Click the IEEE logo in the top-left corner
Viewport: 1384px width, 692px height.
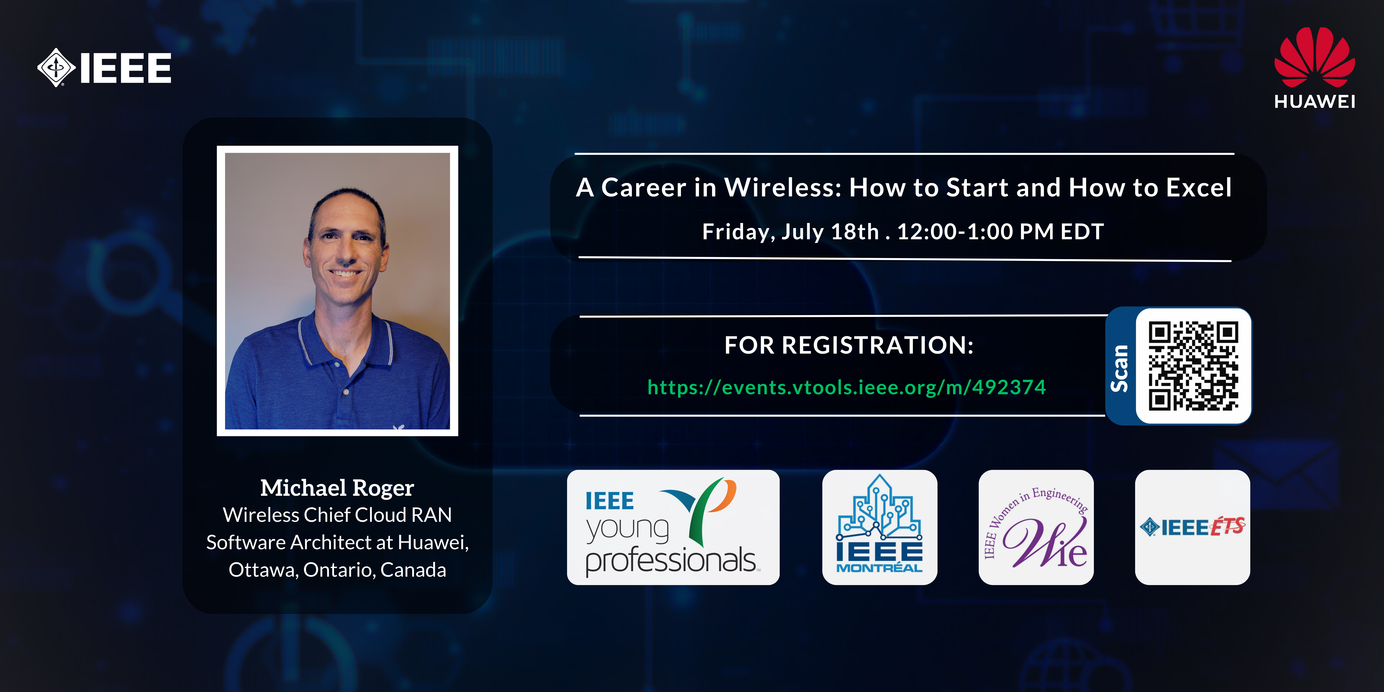point(104,68)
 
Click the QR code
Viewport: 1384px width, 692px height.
point(1193,366)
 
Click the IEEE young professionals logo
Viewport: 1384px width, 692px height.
point(673,527)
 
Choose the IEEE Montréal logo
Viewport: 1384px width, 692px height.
point(879,527)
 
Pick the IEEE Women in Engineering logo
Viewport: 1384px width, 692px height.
point(1036,527)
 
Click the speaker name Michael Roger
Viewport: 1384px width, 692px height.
point(337,488)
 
